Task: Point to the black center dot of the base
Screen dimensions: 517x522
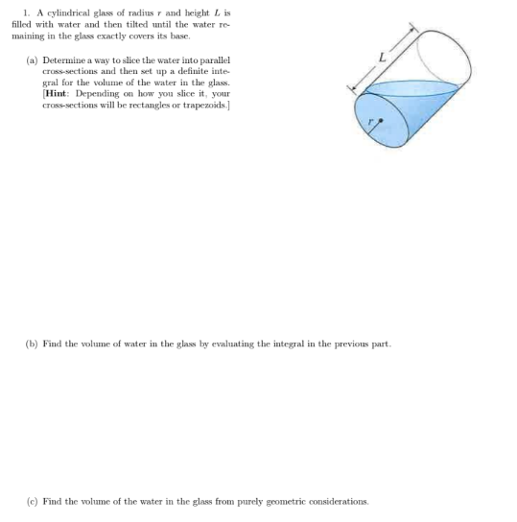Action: [379, 122]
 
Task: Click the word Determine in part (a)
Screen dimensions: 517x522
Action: [64, 60]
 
